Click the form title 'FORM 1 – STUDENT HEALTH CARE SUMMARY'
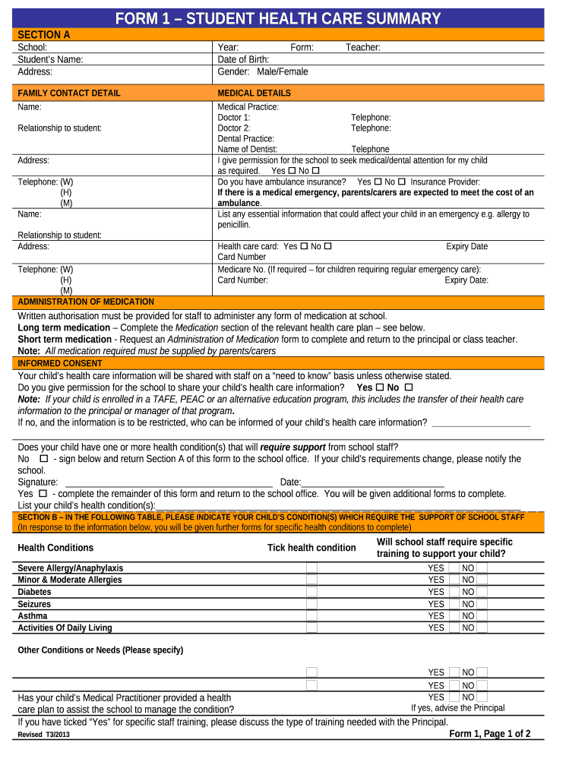coord(278,19)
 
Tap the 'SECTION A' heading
coord(44,35)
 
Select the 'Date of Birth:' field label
coord(243,59)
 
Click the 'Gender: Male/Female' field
coord(263,71)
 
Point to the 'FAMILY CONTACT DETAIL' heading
coord(69,93)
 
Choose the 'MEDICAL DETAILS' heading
coord(254,93)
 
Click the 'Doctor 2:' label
coord(234,128)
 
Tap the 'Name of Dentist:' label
coord(248,150)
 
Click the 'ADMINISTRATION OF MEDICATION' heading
coord(86,302)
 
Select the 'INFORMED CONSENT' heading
coord(60,363)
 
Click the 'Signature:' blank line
coord(169,482)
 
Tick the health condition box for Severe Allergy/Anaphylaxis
coord(311,568)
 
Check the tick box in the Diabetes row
coord(311,592)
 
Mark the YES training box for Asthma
coord(454,615)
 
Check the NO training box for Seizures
coord(482,604)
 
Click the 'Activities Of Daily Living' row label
coord(65,628)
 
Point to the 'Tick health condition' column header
coord(311,548)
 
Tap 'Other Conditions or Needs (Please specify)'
coord(100,650)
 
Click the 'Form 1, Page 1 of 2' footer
coord(489,734)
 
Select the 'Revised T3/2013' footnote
coord(44,735)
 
